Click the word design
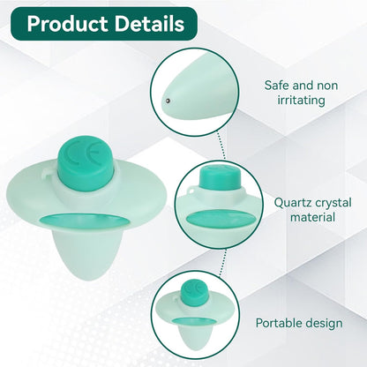324,323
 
